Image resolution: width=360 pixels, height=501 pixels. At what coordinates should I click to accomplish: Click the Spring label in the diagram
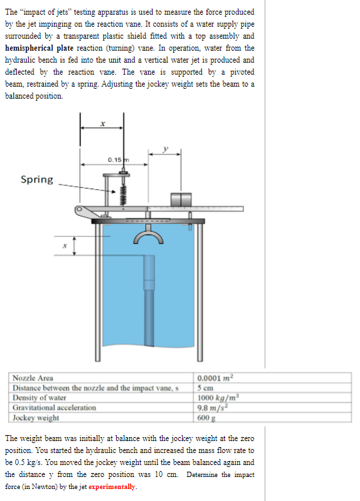coord(37,179)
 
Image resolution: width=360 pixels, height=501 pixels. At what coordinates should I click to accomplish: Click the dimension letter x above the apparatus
coord(102,123)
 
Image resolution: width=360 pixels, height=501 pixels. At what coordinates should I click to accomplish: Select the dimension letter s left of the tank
coord(65,247)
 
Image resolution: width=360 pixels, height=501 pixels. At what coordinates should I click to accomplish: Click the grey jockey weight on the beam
coord(181,200)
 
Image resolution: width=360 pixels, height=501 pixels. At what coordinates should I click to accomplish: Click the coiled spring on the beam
coord(122,194)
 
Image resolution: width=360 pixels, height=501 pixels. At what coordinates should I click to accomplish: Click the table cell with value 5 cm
coord(205,388)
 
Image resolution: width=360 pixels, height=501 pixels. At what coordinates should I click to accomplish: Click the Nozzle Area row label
coord(34,378)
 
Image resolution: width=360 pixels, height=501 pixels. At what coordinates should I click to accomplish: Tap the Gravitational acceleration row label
coord(55,408)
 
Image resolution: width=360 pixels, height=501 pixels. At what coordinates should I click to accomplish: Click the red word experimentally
coord(112,488)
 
